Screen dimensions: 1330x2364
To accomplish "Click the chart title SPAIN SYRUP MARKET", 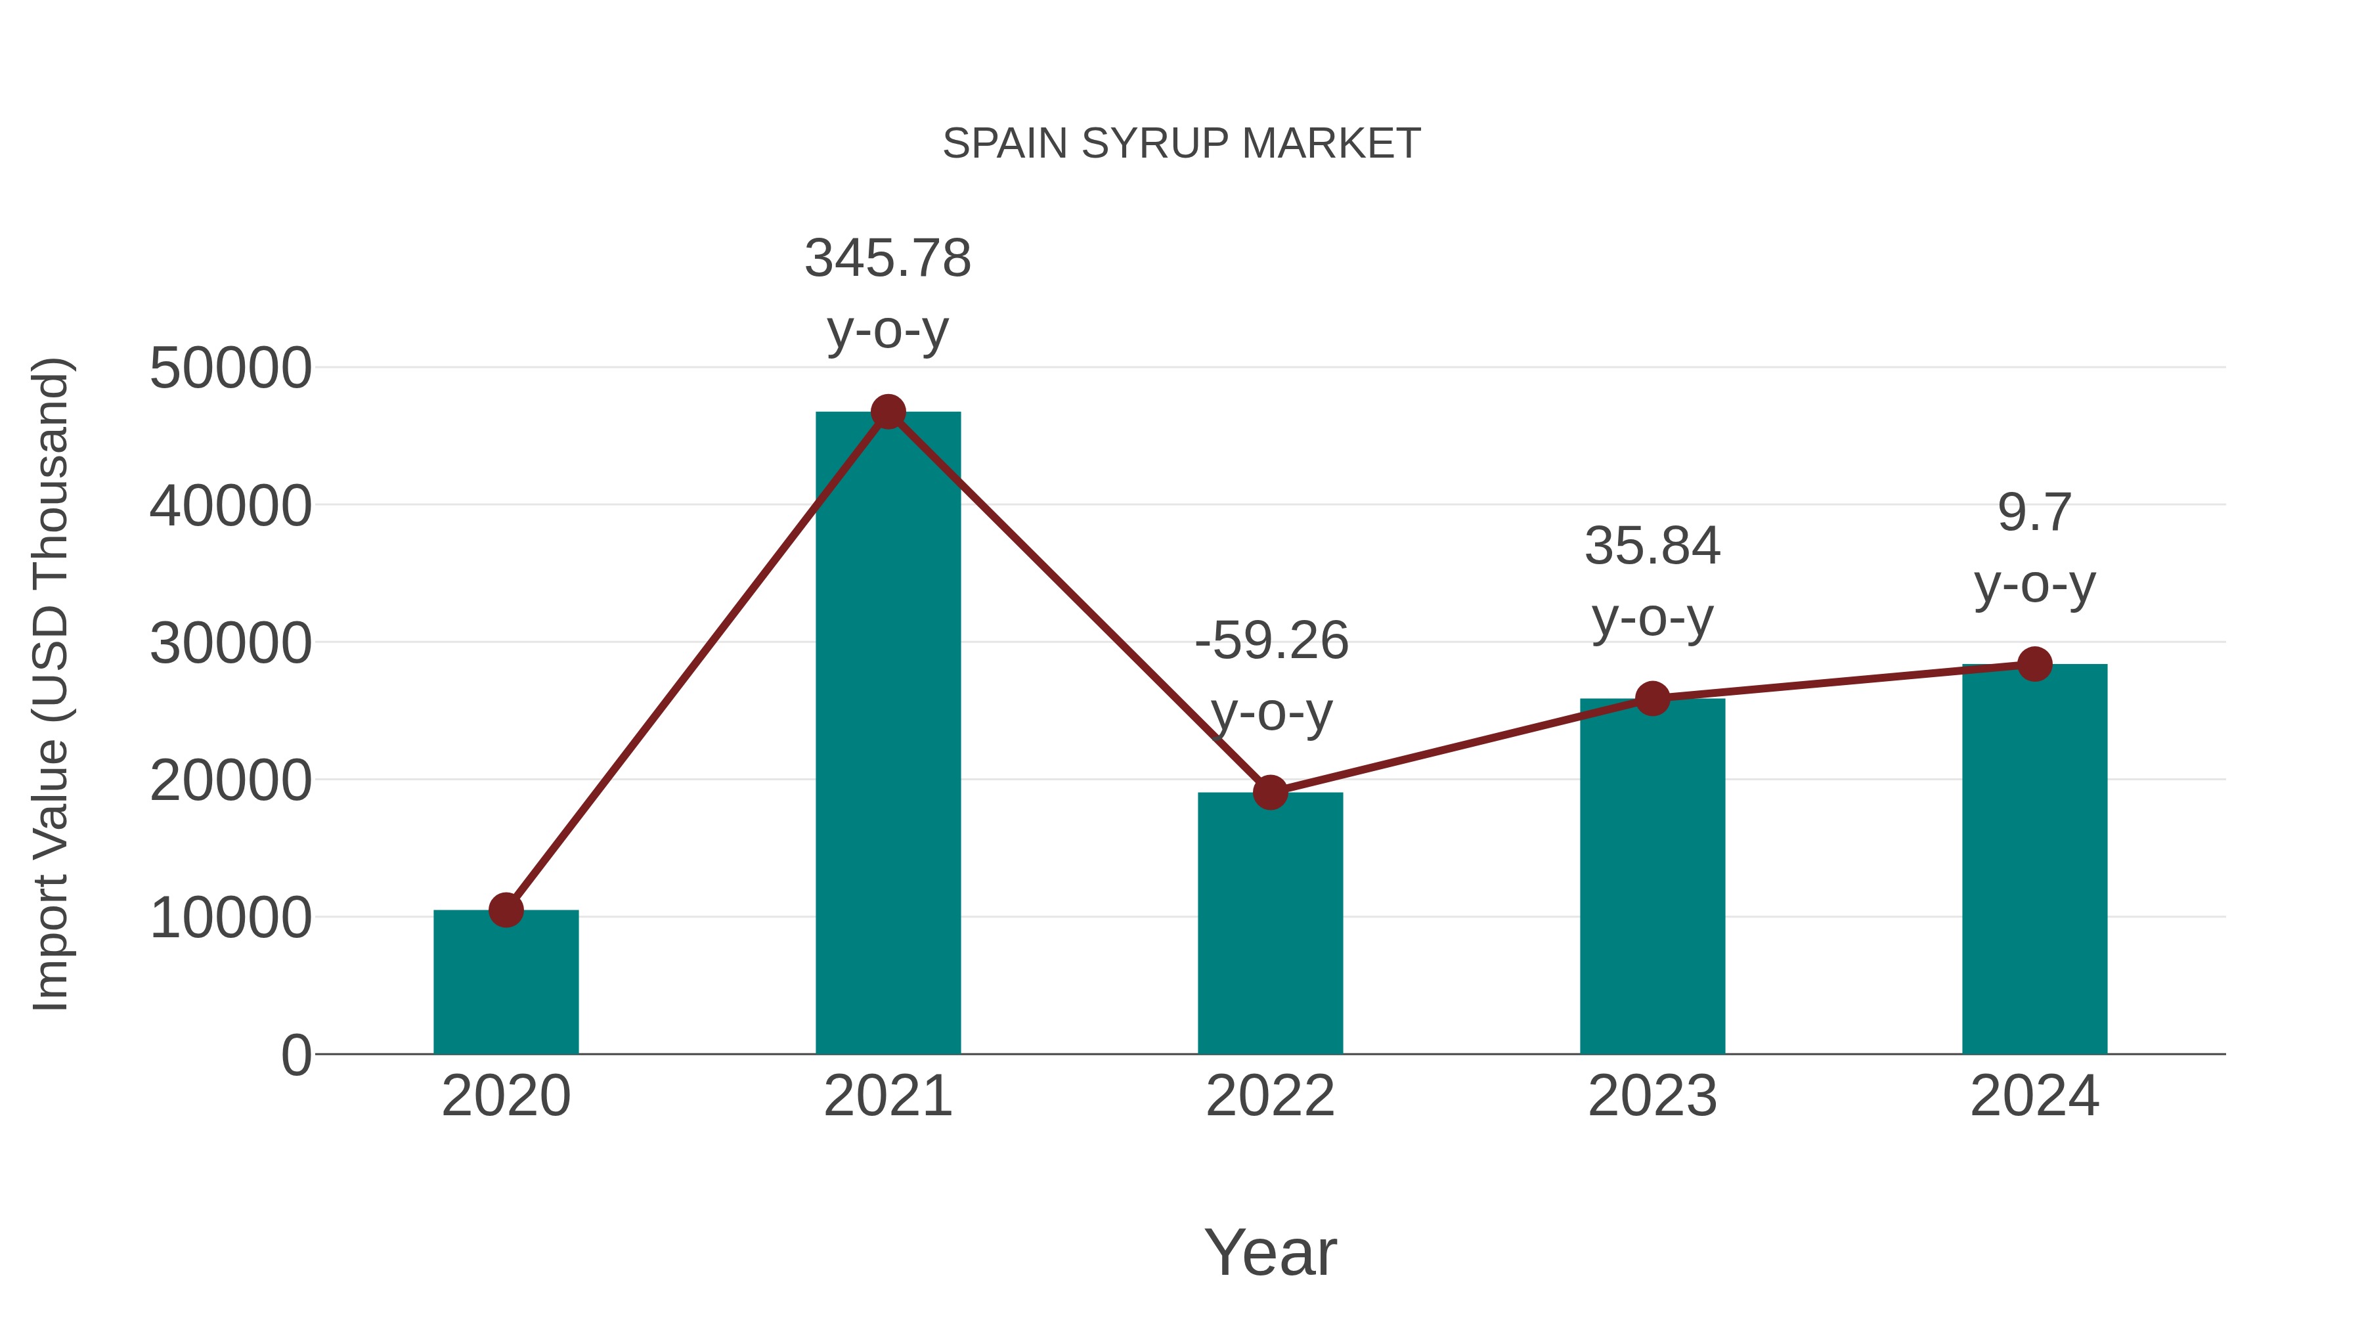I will click(x=1181, y=143).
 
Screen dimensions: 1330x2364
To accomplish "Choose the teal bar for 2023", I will click(x=1652, y=881).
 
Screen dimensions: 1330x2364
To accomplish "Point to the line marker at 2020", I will click(x=506, y=910).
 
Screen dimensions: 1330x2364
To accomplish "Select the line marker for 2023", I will click(x=1652, y=699).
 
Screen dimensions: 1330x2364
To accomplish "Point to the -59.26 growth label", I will click(x=1271, y=640).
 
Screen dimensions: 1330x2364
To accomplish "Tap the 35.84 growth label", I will click(x=1652, y=546).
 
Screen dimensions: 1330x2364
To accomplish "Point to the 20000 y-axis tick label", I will click(x=230, y=780).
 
